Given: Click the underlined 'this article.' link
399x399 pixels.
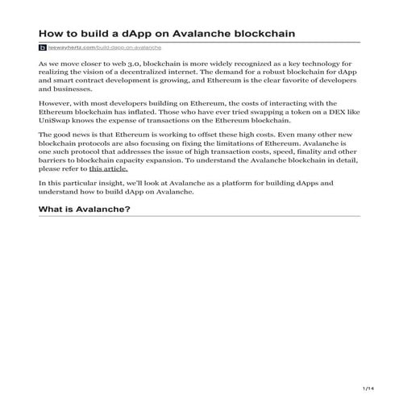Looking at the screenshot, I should tap(108, 170).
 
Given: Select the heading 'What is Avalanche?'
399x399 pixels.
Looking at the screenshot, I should tap(85, 209).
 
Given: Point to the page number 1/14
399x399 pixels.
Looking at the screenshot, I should tap(369, 389).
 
